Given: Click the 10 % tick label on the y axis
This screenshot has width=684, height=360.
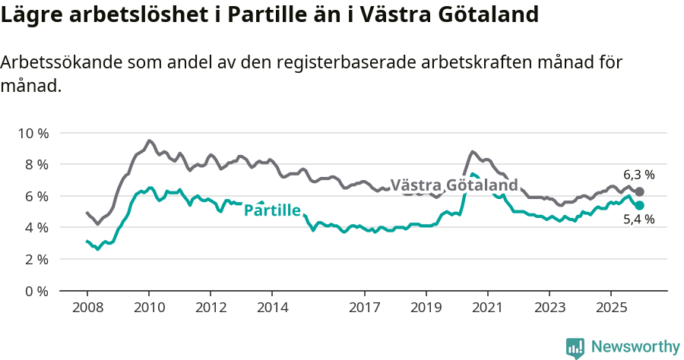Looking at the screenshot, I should click(33, 133).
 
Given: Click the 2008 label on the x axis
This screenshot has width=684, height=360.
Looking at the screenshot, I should click(87, 308).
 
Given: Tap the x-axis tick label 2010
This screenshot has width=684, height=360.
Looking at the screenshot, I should click(148, 308).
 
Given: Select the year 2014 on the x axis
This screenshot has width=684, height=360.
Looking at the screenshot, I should click(272, 308).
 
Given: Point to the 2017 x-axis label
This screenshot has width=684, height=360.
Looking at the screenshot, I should click(364, 308).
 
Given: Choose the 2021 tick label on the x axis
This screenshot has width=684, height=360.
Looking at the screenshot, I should click(487, 308).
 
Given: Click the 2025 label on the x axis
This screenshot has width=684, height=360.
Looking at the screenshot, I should click(610, 308).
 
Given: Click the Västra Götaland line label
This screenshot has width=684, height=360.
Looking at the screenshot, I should click(454, 185).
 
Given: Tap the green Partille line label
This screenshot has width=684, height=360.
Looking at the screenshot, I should click(272, 210).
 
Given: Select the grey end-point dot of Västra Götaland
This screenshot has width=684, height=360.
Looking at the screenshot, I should click(639, 192).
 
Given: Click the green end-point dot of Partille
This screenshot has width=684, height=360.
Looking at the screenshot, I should click(640, 206).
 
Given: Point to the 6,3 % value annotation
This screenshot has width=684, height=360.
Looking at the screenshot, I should click(639, 175).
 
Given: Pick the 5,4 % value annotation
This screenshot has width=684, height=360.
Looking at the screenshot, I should click(639, 220).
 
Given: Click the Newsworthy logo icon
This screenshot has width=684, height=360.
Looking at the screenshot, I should click(575, 347).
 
